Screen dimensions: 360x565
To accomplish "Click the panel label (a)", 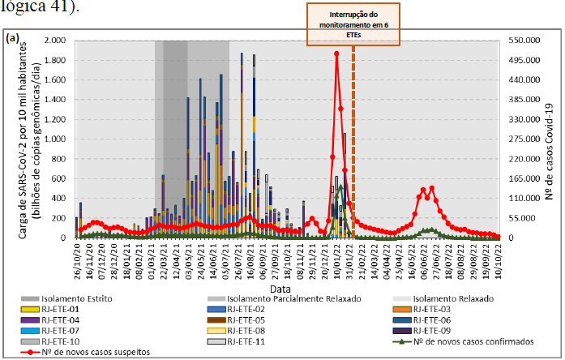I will pyautogui.click(x=12, y=39).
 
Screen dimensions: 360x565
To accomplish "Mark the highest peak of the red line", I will pyautogui.click(x=336, y=54).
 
